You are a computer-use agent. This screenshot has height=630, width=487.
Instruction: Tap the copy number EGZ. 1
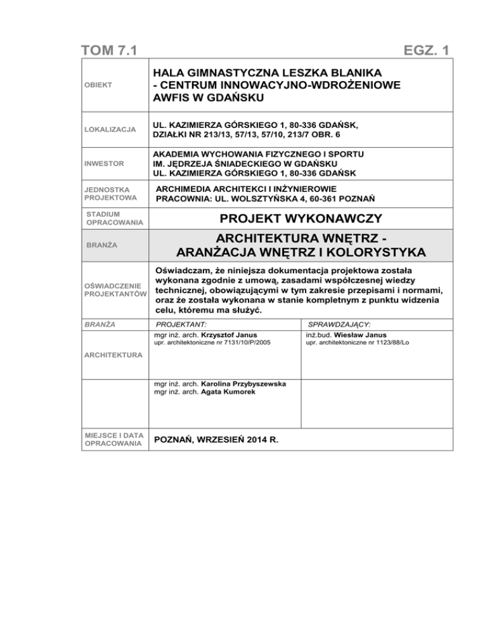point(420,48)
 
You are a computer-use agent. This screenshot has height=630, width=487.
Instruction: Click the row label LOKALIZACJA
point(110,129)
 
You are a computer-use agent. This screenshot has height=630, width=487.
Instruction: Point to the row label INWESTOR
point(105,164)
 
